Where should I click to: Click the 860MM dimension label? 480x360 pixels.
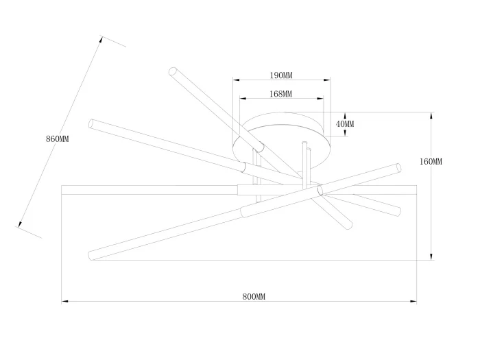coord(57,139)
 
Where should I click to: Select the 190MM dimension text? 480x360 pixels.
coord(281,75)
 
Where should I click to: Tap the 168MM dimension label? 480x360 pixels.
coord(280,94)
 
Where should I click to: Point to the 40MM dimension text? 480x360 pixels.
coord(345,124)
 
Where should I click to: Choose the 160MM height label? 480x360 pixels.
coord(431,162)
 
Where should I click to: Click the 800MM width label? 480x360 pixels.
coord(254,297)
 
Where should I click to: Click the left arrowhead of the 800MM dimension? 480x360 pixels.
coord(64,302)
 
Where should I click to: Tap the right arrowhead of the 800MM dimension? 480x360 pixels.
coord(413,302)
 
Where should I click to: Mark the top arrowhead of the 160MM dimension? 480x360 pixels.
coord(431,116)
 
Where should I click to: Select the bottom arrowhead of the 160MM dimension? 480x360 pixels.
coord(431,257)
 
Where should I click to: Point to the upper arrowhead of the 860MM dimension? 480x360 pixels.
coord(101,40)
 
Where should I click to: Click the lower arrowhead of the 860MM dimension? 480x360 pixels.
coord(20,224)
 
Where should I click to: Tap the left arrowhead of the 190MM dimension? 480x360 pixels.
coord(236,80)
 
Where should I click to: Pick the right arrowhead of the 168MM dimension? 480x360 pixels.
coord(320,99)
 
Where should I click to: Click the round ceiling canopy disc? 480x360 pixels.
coord(282,141)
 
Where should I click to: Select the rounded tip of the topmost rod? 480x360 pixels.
coord(173,71)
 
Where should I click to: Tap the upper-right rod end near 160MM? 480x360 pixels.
coord(398,168)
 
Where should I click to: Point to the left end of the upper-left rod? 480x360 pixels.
coord(91,123)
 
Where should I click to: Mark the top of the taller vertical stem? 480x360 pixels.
coord(304,143)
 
